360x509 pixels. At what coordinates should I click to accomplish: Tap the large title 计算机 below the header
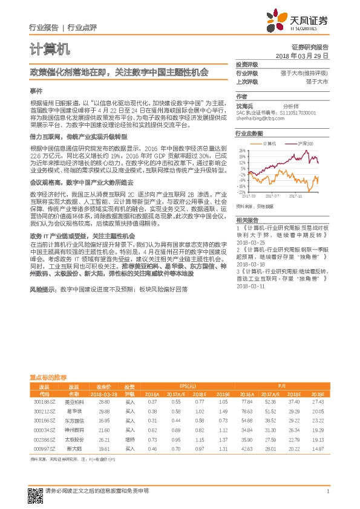coord(50,48)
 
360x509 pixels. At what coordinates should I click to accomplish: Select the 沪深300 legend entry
coord(305,143)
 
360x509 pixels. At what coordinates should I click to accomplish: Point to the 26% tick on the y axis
coord(241,150)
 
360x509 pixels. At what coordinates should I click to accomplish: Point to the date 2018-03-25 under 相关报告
coord(250,241)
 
